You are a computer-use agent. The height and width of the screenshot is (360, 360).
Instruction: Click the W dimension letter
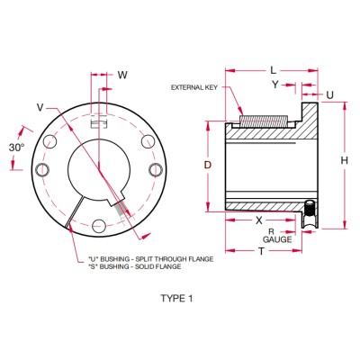coord(122,75)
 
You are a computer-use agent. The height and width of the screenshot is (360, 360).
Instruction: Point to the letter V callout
coord(40,106)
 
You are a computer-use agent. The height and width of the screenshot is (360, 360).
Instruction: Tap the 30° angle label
coord(15,147)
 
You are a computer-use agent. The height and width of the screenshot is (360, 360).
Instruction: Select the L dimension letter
coord(273,69)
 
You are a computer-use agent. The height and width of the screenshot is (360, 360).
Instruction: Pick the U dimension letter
coord(328,93)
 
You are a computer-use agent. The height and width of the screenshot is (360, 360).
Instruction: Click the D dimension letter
coord(208,166)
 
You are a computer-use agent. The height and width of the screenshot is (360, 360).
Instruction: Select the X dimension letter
coord(258,219)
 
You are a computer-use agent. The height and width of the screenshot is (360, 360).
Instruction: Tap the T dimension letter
coord(261,253)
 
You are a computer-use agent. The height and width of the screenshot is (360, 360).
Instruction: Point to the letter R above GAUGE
coord(273,231)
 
